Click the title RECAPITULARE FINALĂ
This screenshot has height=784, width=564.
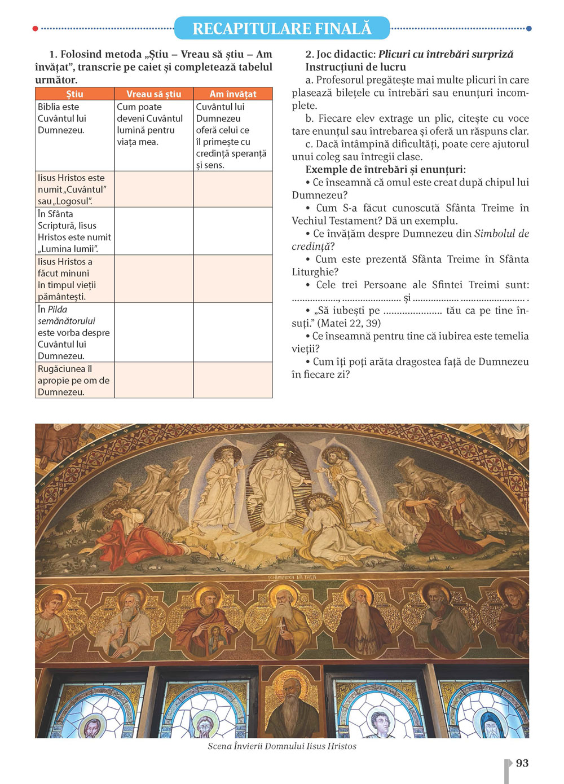[x=282, y=28]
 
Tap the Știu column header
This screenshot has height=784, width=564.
[x=74, y=94]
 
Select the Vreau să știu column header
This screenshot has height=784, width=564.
[x=153, y=94]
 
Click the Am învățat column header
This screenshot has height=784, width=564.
[x=232, y=94]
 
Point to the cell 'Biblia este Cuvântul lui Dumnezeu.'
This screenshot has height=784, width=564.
[x=62, y=118]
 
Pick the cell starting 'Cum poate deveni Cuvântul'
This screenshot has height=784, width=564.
[x=149, y=124]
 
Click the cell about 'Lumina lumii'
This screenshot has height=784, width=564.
[x=74, y=231]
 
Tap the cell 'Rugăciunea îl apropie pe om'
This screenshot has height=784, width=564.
[x=73, y=380]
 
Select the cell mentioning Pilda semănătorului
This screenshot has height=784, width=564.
[x=73, y=332]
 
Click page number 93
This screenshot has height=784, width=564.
[x=522, y=763]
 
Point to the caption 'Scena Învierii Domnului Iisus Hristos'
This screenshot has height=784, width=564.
[x=282, y=746]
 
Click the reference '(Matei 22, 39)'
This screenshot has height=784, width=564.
[x=349, y=323]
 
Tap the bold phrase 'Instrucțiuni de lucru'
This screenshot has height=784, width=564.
[x=356, y=67]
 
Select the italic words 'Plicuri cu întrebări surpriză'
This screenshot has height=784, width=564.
[x=446, y=54]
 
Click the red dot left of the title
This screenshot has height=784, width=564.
[x=36, y=28]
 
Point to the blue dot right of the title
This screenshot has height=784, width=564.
[x=528, y=28]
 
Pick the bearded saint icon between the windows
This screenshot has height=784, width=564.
[x=292, y=705]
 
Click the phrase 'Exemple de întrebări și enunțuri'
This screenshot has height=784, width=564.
[x=385, y=170]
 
